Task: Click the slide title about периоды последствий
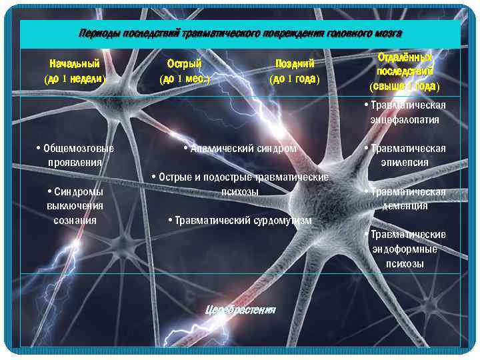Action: (240, 33)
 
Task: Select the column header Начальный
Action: (75, 64)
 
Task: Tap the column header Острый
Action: (184, 64)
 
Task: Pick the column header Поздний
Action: (295, 64)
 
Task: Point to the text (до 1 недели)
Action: (75, 79)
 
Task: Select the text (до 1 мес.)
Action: (184, 79)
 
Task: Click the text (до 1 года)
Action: (295, 79)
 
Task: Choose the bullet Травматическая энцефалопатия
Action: (405, 113)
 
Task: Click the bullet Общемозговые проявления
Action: (75, 155)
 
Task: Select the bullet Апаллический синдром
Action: (239, 148)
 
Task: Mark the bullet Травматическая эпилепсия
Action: (405, 155)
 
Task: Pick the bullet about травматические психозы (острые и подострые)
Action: (240, 184)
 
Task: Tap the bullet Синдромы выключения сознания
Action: (75, 205)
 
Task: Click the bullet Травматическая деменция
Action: (405, 199)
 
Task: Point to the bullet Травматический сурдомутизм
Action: (240, 220)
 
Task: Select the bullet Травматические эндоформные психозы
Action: (405, 249)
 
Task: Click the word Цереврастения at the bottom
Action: (240, 310)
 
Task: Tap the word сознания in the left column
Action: (75, 220)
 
